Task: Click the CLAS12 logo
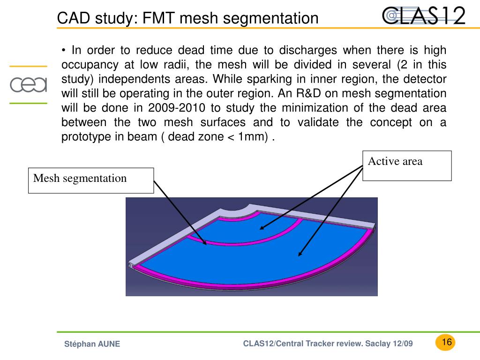(424, 15)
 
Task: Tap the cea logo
(29, 85)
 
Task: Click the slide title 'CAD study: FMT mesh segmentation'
(187, 18)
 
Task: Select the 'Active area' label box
(407, 165)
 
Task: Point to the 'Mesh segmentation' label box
(91, 180)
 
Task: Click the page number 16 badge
(446, 342)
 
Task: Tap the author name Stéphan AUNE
(92, 344)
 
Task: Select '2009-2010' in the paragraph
(176, 108)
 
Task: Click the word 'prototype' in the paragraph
(82, 137)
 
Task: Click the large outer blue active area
(262, 258)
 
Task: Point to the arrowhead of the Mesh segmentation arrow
(205, 244)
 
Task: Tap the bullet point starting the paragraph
(64, 51)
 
